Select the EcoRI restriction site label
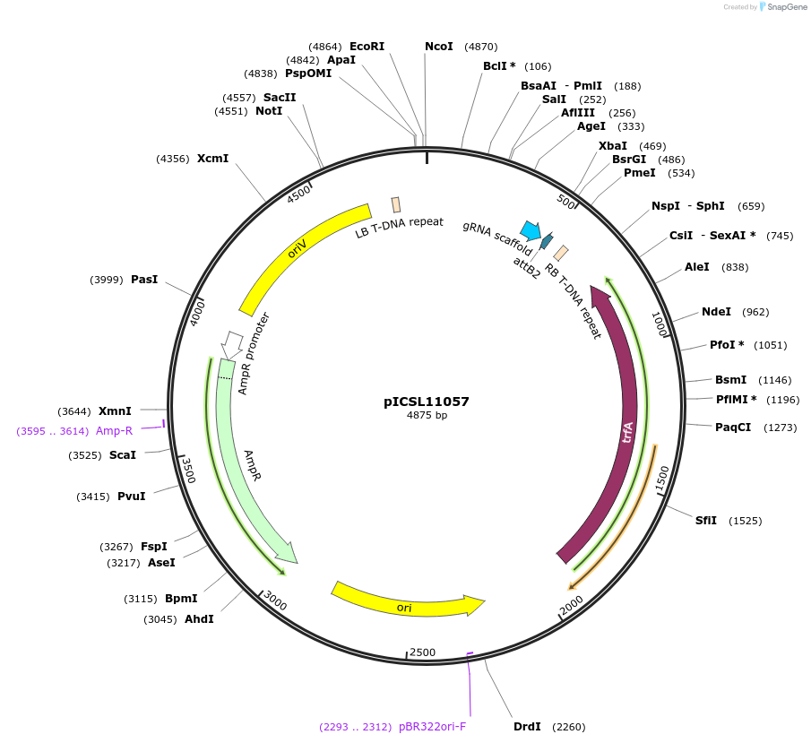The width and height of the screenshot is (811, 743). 367,46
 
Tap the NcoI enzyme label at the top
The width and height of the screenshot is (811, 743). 438,46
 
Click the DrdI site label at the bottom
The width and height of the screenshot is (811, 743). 526,726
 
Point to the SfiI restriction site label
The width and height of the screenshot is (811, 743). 706,521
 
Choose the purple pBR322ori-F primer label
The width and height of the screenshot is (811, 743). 432,727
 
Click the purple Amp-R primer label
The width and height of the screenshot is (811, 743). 114,431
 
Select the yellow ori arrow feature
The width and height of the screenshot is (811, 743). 408,605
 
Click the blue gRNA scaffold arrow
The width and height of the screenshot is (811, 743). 531,231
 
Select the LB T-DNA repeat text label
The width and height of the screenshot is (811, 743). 399,228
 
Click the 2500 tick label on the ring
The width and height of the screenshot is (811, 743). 421,652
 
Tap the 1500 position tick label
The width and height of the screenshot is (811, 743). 661,477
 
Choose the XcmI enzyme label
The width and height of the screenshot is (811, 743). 212,159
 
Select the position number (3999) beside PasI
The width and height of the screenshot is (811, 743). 107,280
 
